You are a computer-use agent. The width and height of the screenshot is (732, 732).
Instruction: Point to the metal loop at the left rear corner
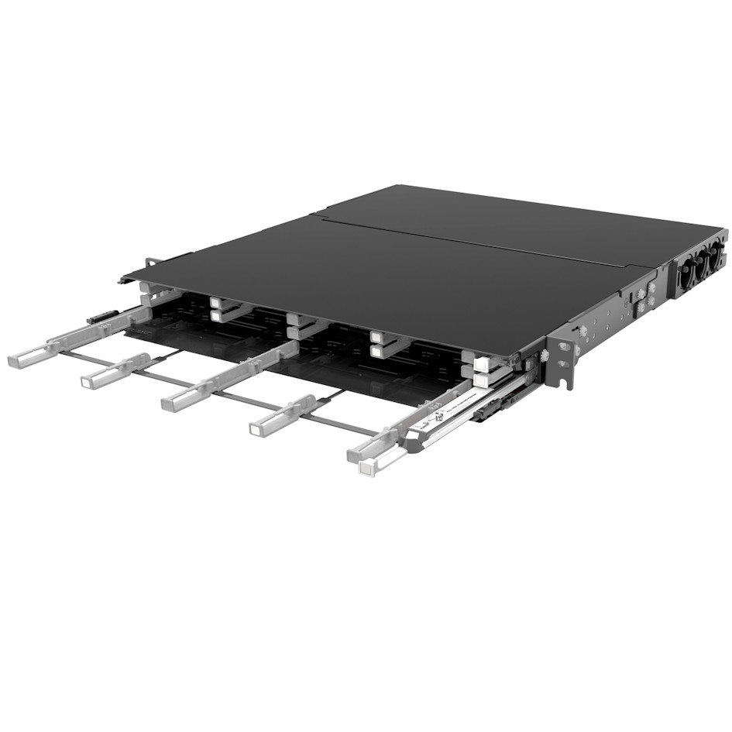[151, 263]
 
